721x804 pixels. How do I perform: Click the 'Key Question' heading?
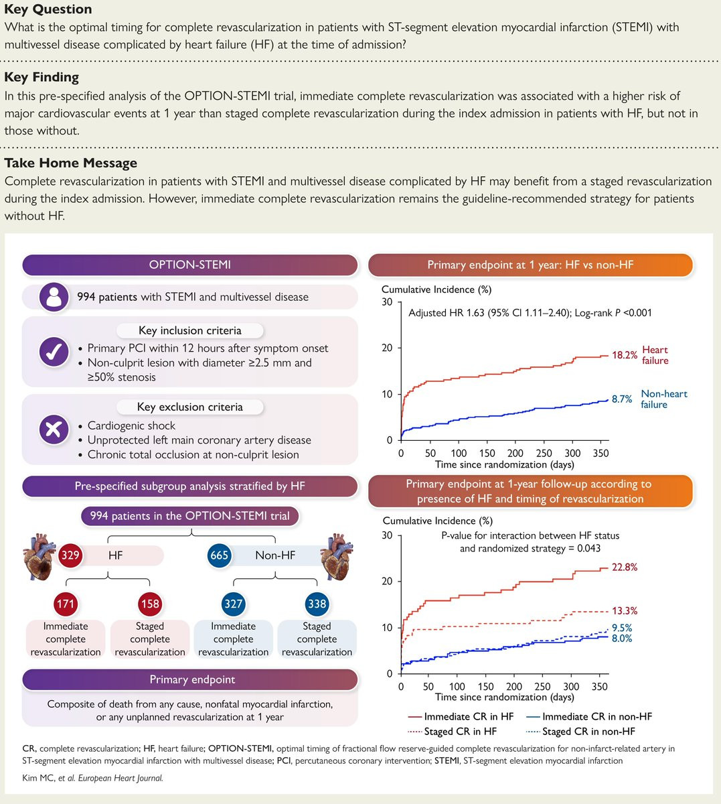coord(48,10)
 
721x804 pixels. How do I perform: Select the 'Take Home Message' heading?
coord(70,163)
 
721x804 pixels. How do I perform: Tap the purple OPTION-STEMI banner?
coord(189,265)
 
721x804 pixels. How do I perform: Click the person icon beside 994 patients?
coord(54,297)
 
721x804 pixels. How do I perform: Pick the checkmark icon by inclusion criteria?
coord(54,352)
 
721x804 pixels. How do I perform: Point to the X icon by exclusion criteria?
coord(54,429)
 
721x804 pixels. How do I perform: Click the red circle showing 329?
coord(70,555)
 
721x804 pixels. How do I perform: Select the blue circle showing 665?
coord(219,555)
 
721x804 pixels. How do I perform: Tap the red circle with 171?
coord(66,604)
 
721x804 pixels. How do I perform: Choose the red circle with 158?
coord(150,604)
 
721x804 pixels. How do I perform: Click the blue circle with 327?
coord(233,604)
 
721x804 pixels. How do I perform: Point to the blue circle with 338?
coord(317,604)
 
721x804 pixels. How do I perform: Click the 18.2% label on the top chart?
coord(624,355)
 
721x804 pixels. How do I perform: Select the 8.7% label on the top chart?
coord(622,399)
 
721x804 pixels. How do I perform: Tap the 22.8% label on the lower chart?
coord(625,567)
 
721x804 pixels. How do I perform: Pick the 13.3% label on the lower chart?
coord(625,611)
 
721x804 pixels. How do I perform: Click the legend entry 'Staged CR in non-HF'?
coord(580,732)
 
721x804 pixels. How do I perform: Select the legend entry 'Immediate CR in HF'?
coord(460,716)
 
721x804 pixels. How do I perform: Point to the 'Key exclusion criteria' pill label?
coord(189,407)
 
